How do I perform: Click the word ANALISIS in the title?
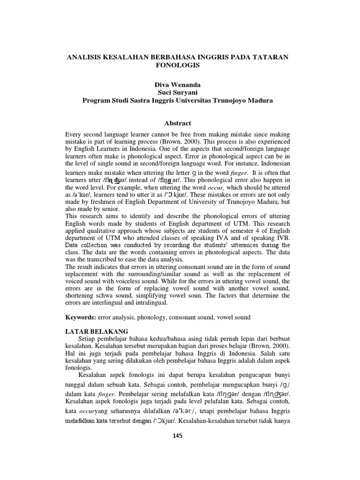coord(86,57)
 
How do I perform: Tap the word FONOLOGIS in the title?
coord(177,65)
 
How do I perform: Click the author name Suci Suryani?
coord(177,92)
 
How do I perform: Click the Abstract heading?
coord(177,123)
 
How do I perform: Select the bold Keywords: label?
coord(81,317)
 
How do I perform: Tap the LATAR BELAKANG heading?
coord(96,331)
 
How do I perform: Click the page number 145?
coord(177,435)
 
